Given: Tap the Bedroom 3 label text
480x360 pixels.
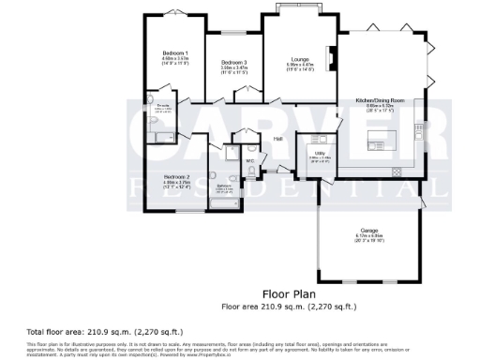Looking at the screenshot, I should pos(233,62).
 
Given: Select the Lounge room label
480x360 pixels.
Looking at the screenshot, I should pos(300,58).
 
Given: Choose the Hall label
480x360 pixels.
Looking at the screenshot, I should pos(278,140).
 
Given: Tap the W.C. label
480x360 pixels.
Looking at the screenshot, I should pos(250,160).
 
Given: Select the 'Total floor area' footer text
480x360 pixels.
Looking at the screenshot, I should pos(79,333).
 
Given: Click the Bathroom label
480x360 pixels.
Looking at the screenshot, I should pos(224,186).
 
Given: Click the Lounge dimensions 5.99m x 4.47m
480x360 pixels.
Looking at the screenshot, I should pos(300,64).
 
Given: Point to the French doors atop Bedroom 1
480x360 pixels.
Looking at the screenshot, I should pos(174,12).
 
